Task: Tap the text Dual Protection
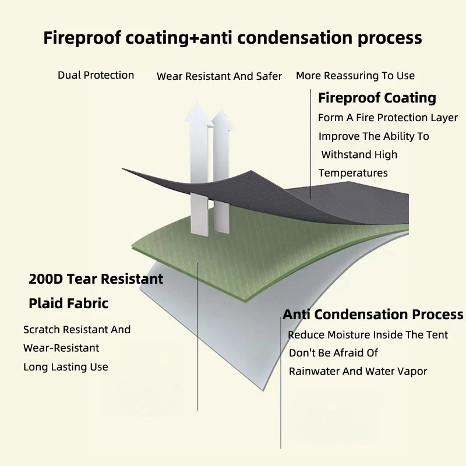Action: [96, 75]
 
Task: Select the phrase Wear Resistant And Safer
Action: [219, 76]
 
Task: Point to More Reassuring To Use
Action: [355, 76]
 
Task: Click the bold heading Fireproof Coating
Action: [377, 98]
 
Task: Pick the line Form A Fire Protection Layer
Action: [388, 118]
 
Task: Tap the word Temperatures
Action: [353, 173]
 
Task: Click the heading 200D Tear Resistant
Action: [96, 279]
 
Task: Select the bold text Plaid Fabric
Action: [69, 303]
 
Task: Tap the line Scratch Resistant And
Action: [77, 330]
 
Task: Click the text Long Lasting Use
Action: [66, 367]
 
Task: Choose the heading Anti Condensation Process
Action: [373, 315]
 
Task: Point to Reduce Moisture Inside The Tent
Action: [368, 335]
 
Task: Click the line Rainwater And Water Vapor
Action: [358, 372]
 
